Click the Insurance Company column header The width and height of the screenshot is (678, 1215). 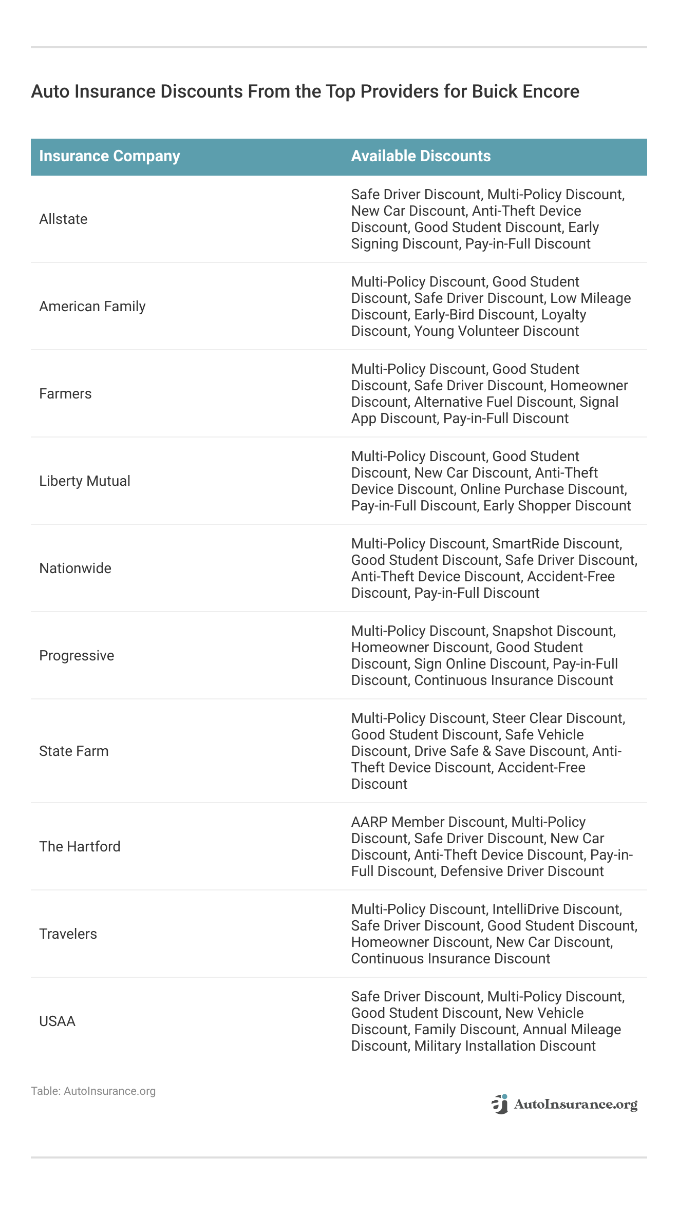click(109, 156)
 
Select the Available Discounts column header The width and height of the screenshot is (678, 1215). click(421, 156)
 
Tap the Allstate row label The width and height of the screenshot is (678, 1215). click(63, 219)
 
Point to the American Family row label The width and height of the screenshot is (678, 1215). click(92, 307)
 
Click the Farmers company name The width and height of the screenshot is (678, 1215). click(65, 394)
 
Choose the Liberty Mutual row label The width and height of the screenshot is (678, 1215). click(85, 481)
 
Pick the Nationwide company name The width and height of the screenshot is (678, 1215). click(75, 568)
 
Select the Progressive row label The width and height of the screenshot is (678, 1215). click(77, 656)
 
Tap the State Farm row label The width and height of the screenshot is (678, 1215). click(74, 751)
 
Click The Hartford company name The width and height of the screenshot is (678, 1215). click(80, 847)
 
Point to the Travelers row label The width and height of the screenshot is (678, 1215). click(68, 934)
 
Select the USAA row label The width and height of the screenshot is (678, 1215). click(57, 1021)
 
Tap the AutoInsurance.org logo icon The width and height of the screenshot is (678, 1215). click(500, 1104)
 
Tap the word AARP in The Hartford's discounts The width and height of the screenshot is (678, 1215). click(369, 822)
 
